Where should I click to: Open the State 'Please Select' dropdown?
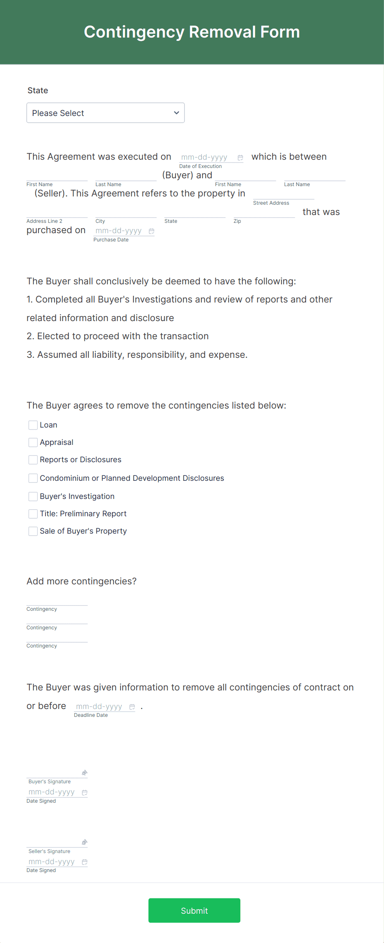click(x=105, y=113)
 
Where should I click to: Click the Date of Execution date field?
click(x=205, y=157)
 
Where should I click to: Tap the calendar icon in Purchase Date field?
click(x=152, y=231)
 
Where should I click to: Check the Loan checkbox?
click(x=33, y=425)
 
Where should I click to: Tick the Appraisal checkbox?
click(x=33, y=442)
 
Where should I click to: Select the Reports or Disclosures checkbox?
click(x=33, y=460)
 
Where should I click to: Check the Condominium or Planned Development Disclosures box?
click(x=33, y=478)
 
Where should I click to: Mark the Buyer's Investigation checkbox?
click(x=33, y=496)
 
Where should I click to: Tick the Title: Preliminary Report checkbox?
click(x=33, y=514)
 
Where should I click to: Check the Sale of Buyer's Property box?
click(x=33, y=531)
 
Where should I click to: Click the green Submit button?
click(x=194, y=910)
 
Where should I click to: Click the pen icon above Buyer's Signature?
click(x=84, y=773)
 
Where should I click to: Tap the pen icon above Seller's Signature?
click(x=84, y=842)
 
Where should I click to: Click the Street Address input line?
click(x=284, y=195)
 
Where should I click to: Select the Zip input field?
click(x=264, y=213)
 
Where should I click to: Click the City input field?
click(x=126, y=213)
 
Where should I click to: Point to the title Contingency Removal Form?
click(x=192, y=32)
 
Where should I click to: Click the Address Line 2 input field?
click(x=57, y=213)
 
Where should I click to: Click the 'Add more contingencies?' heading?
click(x=81, y=581)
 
